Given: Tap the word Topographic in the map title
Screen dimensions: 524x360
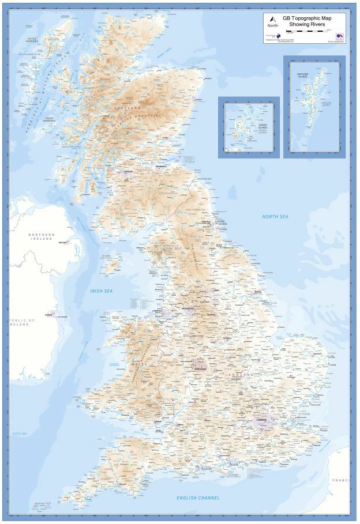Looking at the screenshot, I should point(305,18).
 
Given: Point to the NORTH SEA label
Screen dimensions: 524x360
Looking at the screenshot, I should point(275,217).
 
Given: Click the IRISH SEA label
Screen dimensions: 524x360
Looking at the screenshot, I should point(101,291).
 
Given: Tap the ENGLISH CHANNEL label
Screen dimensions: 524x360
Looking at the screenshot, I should point(198,497).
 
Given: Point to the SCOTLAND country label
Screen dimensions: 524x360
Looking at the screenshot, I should point(128,108).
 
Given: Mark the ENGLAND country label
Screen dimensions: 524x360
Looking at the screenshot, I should point(237,374).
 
